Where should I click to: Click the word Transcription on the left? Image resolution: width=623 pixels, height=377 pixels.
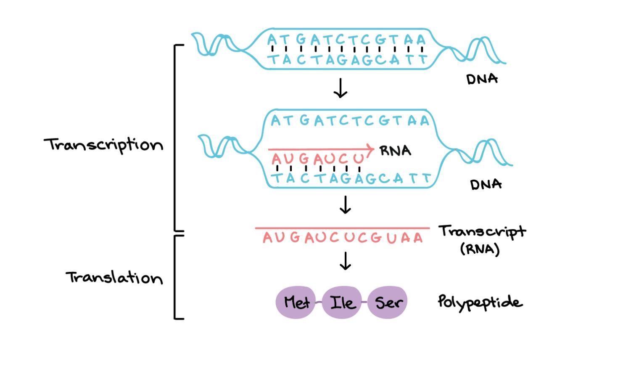click(103, 145)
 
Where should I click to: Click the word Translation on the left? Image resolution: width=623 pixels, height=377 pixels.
click(114, 278)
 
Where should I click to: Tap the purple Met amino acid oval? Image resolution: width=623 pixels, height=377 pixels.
click(296, 302)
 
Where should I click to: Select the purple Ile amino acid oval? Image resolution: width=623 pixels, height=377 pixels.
click(342, 302)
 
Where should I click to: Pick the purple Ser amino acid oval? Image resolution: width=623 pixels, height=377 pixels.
click(388, 302)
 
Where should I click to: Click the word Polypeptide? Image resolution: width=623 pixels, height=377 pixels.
click(480, 302)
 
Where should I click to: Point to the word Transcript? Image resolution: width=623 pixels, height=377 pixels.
click(482, 232)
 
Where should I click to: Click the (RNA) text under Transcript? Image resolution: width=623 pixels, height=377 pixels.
click(480, 249)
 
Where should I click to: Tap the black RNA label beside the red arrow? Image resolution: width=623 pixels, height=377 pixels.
click(395, 151)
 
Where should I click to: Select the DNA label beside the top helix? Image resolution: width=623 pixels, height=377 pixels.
click(482, 79)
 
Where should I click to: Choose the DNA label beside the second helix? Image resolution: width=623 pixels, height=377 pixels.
click(486, 184)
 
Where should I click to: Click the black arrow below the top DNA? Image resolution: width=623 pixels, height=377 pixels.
click(340, 88)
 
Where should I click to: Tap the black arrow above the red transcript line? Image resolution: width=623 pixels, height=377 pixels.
click(345, 204)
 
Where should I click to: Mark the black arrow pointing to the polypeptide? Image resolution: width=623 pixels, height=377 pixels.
click(345, 261)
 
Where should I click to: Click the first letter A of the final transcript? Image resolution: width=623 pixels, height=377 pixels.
click(268, 238)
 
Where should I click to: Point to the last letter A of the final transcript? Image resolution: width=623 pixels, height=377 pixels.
click(417, 238)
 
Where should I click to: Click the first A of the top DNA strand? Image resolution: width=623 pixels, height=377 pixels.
click(272, 40)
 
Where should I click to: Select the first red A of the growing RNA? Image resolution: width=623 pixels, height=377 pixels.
click(276, 159)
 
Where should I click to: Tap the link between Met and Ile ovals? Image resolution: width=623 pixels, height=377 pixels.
click(319, 302)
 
